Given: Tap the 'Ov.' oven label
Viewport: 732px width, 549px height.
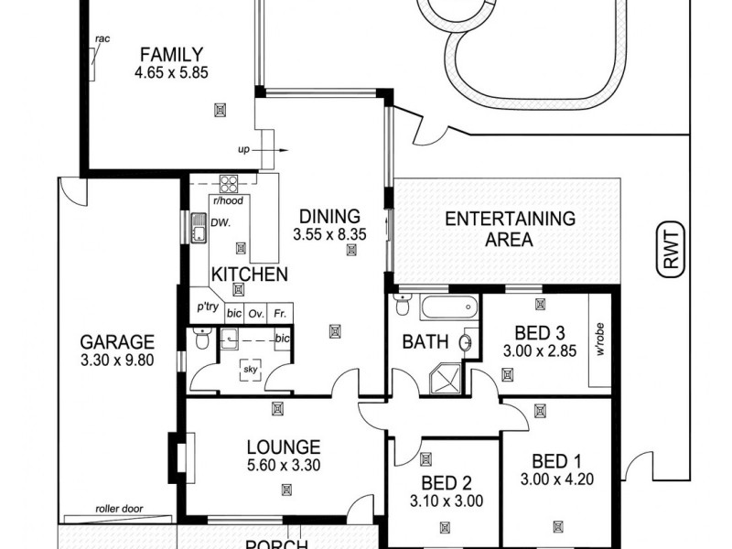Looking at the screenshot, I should pos(256,312).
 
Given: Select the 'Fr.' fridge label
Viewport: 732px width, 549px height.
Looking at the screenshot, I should pos(281,312).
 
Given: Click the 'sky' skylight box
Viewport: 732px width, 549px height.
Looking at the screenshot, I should pos(250,370).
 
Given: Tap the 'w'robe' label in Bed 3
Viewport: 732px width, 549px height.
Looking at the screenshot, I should pos(600,339).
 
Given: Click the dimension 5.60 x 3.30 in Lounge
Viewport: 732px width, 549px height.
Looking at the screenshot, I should pos(283,465).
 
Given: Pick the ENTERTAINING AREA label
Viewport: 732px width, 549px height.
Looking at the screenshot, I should pos(510,230).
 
